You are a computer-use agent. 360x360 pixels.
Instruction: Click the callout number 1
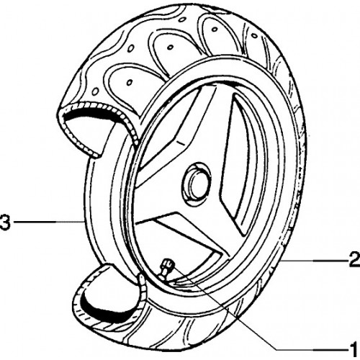point(353,348)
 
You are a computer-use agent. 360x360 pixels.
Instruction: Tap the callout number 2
point(354,259)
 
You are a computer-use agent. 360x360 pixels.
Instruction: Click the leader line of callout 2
point(314,260)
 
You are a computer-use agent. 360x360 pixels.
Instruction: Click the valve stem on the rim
point(167,269)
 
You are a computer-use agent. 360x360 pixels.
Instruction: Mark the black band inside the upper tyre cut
point(92,114)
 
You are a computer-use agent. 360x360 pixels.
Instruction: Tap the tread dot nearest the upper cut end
point(95,91)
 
